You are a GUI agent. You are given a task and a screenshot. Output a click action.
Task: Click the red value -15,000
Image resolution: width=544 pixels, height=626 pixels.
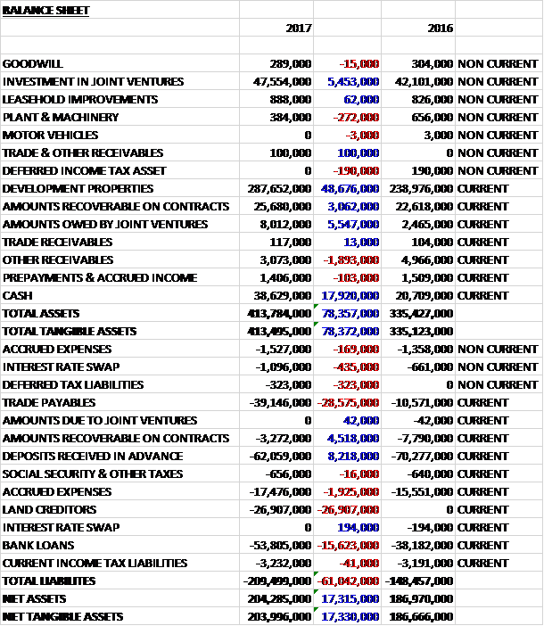359,63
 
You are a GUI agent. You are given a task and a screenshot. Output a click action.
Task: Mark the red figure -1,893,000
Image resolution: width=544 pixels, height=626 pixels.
350,259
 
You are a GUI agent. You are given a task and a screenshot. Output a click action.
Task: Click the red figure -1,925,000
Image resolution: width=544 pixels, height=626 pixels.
350,491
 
